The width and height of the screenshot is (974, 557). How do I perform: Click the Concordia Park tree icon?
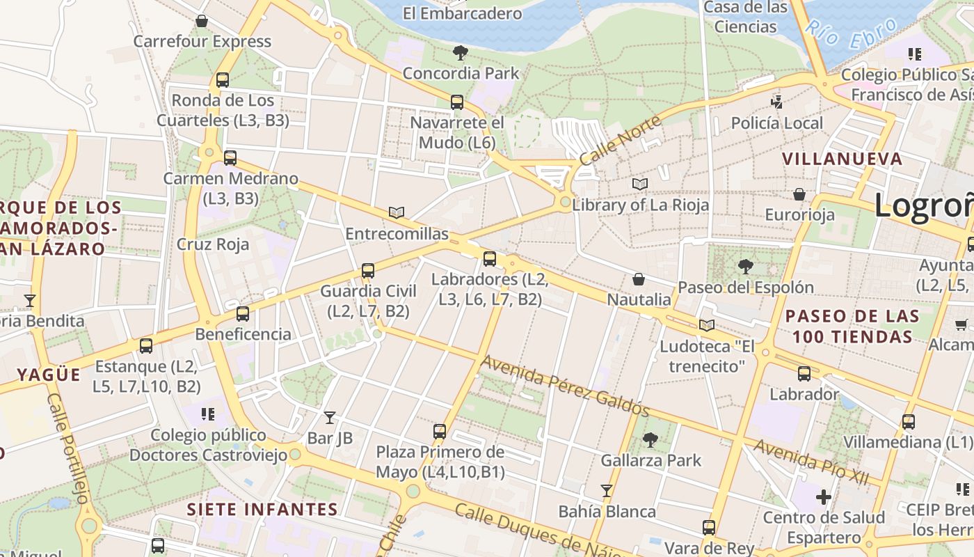click(460, 52)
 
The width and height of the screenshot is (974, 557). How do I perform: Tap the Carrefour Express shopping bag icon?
click(202, 21)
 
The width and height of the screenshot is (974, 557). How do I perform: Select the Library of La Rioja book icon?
click(640, 185)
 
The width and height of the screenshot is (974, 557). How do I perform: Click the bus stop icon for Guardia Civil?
click(368, 271)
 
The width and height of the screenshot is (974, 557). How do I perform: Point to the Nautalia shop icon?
click(639, 279)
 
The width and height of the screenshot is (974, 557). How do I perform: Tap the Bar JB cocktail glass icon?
click(330, 418)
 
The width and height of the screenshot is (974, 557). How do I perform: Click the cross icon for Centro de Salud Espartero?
click(824, 497)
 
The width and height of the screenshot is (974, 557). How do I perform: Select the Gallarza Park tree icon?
click(650, 440)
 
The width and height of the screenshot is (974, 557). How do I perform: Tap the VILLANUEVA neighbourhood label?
click(843, 159)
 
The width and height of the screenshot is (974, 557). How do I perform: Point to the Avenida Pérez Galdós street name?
click(566, 386)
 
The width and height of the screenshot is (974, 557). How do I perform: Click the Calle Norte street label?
click(621, 140)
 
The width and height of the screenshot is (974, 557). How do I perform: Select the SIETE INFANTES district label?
click(262, 509)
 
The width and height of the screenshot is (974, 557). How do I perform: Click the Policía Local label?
click(777, 123)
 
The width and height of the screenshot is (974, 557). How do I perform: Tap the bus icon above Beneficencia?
click(242, 314)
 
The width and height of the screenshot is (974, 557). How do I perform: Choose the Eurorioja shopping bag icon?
click(799, 194)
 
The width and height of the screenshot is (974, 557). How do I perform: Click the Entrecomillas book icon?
click(397, 213)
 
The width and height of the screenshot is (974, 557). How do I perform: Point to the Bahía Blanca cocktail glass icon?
click(607, 491)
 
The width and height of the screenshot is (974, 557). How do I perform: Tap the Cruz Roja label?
click(213, 244)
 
